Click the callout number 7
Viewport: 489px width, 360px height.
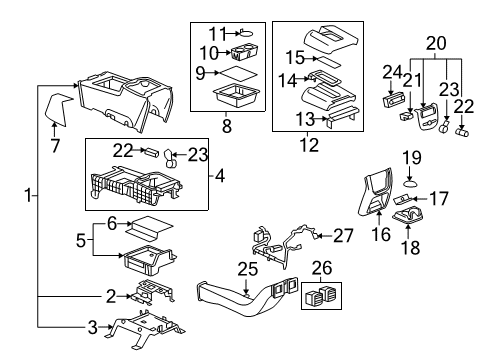coord(55,146)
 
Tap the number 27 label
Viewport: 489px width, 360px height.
coord(343,236)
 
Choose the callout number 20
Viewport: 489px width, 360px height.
coord(433,42)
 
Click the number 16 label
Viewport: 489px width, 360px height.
coord(378,235)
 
